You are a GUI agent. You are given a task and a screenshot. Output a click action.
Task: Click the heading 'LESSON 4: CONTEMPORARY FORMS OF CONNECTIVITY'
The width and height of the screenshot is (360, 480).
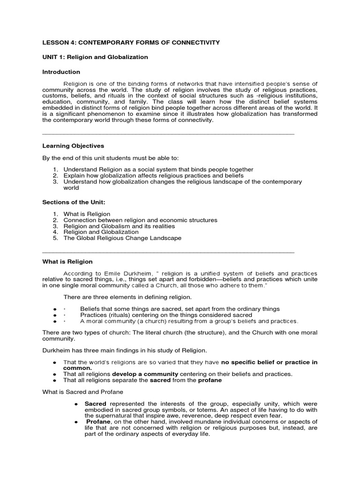click(x=131, y=43)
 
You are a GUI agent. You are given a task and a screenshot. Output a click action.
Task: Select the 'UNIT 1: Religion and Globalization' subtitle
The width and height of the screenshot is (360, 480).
click(x=95, y=57)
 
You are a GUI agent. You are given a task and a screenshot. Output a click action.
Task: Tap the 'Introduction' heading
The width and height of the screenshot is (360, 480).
click(x=61, y=72)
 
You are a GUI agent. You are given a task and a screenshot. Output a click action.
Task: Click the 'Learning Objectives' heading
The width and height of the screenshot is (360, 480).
click(x=73, y=146)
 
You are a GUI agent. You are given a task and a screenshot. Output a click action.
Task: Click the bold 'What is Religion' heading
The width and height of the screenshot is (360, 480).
click(x=67, y=262)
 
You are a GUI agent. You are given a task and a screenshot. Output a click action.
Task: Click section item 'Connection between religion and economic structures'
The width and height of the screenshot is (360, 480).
click(x=140, y=220)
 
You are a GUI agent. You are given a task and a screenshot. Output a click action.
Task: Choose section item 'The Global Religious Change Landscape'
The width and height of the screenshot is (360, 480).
click(x=122, y=238)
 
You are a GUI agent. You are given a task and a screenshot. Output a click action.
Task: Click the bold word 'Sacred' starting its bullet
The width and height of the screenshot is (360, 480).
click(x=96, y=404)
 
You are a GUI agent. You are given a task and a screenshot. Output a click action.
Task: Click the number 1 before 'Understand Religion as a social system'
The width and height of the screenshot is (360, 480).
click(x=54, y=170)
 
